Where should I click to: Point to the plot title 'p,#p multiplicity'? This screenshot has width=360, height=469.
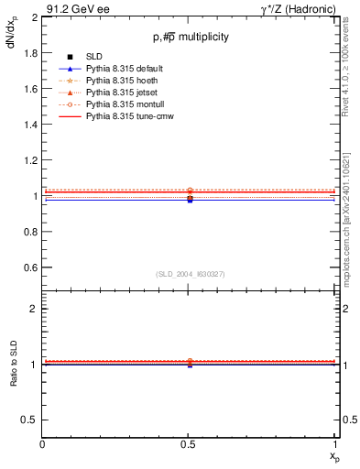191,38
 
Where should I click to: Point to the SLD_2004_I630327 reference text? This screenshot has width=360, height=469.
191,274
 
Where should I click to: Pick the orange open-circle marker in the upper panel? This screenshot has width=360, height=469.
190,191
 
